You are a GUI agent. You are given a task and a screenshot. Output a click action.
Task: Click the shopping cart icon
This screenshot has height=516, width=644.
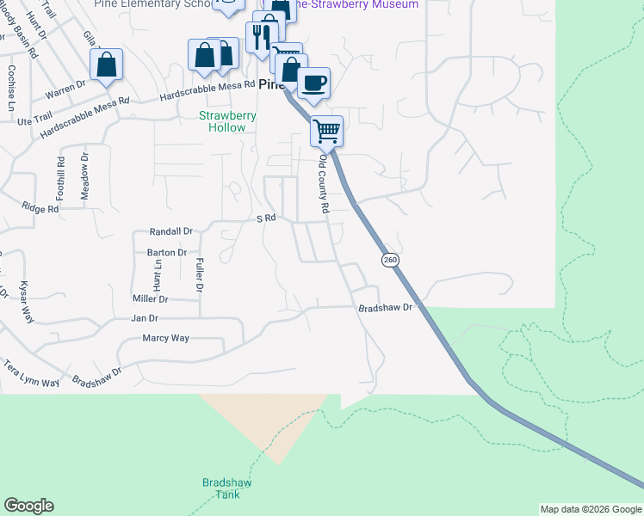click(x=326, y=132)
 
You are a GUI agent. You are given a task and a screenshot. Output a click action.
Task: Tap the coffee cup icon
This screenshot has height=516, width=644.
click(x=313, y=83)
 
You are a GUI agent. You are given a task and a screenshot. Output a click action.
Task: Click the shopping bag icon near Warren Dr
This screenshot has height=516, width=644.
click(x=106, y=64)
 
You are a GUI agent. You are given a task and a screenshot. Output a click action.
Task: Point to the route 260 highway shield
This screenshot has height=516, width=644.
click(x=390, y=259)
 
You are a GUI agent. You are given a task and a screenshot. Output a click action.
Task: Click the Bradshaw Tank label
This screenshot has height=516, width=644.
click(x=226, y=488)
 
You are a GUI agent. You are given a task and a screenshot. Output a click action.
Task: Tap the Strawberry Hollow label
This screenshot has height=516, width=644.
click(x=222, y=121)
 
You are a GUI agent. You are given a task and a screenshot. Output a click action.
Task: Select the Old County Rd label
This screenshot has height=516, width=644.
click(x=325, y=184)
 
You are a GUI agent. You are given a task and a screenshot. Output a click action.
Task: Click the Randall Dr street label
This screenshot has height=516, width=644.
click(x=170, y=231)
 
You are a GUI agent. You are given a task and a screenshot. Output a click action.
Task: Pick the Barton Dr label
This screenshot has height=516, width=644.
click(x=167, y=253)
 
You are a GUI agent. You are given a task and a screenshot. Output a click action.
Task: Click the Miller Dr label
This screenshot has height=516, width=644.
click(x=150, y=298)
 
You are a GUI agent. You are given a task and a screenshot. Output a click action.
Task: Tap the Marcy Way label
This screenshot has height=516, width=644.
click(x=165, y=338)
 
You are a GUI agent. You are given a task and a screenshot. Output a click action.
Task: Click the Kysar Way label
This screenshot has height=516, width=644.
click(x=27, y=302)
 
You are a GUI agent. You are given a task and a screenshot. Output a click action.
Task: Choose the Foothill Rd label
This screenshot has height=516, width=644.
click(x=61, y=173)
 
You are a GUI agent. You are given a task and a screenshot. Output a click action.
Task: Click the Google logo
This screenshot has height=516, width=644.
click(x=28, y=506)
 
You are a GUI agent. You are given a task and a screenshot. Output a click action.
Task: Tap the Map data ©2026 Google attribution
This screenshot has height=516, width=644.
click(x=590, y=509)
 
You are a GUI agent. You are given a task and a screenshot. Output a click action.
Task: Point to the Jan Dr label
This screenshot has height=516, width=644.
click(x=145, y=318)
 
